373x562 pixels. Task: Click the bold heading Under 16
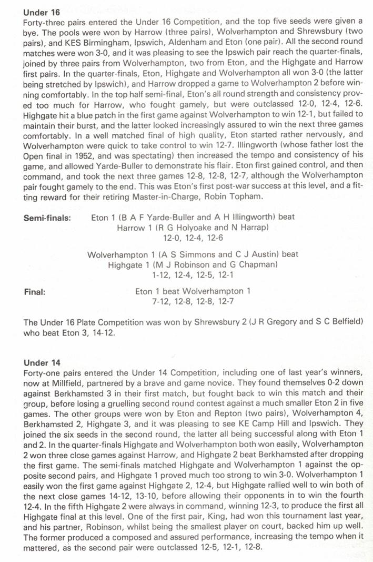coord(42,11)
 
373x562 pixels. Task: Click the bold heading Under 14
coord(42,363)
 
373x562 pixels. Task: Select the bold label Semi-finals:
coord(47,218)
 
